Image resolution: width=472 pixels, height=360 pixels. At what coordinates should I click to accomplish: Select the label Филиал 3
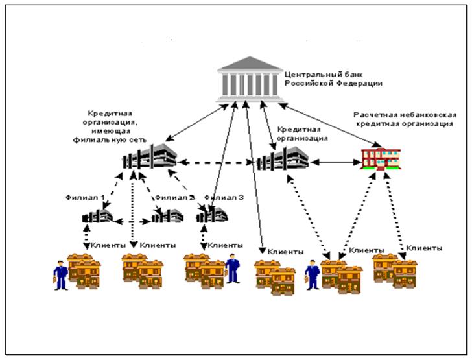224,197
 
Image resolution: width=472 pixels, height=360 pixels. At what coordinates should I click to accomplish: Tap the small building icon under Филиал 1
97,217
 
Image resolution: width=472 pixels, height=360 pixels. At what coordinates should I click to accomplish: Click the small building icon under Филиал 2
167,216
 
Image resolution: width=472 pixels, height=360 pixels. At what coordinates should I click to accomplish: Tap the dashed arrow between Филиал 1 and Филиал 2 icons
132,221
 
